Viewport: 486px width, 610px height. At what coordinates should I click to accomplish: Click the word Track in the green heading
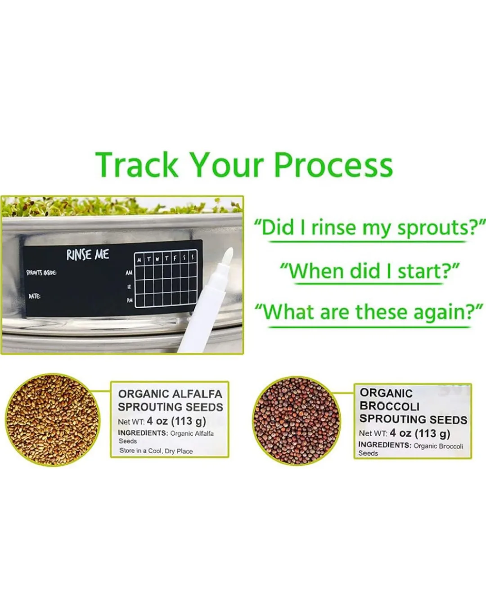(x=137, y=165)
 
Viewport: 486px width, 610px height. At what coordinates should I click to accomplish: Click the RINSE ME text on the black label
(x=88, y=255)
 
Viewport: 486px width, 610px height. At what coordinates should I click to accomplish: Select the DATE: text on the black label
(x=34, y=296)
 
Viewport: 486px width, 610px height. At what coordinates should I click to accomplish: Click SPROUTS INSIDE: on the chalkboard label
(x=41, y=273)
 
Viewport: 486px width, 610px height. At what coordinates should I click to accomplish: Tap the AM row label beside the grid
(x=129, y=273)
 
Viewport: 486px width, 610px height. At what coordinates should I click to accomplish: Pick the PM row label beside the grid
(x=130, y=300)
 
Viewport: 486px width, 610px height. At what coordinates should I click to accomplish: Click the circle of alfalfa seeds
(x=53, y=419)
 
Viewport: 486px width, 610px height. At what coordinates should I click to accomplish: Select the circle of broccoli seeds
(x=297, y=421)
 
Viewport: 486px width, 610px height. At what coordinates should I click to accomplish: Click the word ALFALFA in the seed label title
(x=198, y=394)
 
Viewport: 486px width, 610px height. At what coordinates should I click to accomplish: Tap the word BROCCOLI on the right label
(x=389, y=406)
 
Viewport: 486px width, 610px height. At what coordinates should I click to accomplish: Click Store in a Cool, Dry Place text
(x=156, y=451)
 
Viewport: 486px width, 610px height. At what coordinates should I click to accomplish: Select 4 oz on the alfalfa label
(x=157, y=422)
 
